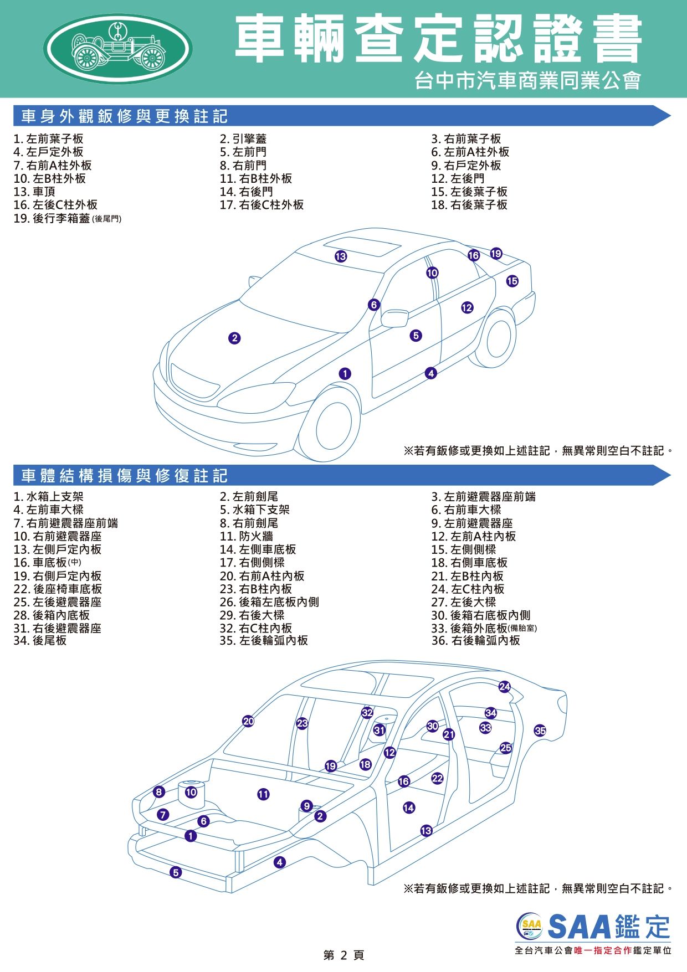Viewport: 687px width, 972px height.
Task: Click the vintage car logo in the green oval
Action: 118,48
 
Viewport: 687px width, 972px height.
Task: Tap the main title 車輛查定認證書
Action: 438,39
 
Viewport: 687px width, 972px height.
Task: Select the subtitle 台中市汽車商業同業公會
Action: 528,81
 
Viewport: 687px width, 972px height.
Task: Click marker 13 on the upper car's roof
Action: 341,256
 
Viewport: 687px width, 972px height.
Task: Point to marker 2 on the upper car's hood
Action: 234,338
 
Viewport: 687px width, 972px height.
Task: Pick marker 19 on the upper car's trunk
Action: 496,253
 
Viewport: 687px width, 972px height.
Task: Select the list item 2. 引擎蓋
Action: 243,138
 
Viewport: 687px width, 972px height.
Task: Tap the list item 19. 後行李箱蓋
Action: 68,218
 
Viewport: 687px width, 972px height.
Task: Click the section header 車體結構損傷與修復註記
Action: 125,475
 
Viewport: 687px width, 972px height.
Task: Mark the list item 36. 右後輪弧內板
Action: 476,640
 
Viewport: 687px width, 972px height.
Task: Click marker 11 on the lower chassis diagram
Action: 263,794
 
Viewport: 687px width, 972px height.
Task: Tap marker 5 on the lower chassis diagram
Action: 176,872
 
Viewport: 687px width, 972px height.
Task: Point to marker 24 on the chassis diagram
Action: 504,687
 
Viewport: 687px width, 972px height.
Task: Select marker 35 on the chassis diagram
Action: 540,731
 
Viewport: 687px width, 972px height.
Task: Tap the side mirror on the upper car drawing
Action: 394,318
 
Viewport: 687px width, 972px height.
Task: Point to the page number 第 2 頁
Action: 343,955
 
